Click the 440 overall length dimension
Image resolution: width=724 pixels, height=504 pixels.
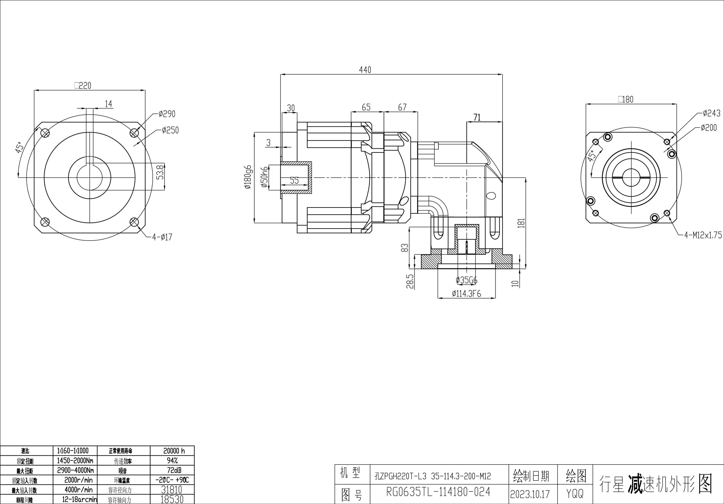click(365, 70)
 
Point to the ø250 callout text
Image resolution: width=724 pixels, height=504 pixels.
click(170, 130)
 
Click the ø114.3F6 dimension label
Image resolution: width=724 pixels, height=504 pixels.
click(466, 294)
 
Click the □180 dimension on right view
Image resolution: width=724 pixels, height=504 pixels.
click(626, 100)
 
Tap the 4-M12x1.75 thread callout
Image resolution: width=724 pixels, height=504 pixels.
click(703, 235)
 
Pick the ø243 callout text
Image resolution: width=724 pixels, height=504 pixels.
click(711, 113)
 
